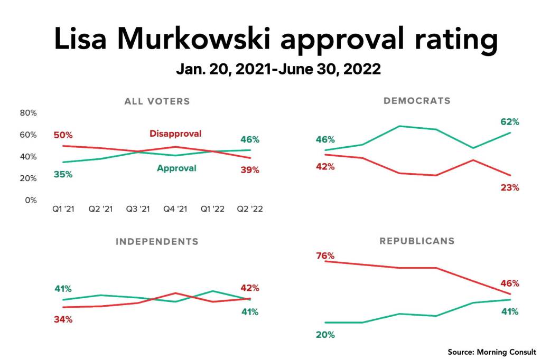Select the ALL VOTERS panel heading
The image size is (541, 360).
click(157, 101)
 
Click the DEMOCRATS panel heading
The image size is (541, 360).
click(417, 100)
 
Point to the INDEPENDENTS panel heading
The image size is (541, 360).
click(157, 242)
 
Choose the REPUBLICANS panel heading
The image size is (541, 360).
click(417, 241)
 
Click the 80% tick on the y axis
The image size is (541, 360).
click(28, 113)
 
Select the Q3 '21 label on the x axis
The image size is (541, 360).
click(137, 209)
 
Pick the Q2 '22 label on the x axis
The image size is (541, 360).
click(250, 209)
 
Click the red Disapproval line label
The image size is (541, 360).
click(175, 134)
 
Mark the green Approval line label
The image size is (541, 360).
click(176, 168)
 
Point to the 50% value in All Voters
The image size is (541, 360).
click(63, 135)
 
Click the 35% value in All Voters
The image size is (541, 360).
click(63, 174)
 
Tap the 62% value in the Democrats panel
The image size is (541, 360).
click(510, 122)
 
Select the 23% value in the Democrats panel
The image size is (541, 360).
click(510, 187)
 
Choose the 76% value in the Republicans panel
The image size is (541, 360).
click(325, 256)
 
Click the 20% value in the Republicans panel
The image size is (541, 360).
click(325, 335)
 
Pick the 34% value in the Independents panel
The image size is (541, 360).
click(63, 319)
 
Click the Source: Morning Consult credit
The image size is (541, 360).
click(492, 352)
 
